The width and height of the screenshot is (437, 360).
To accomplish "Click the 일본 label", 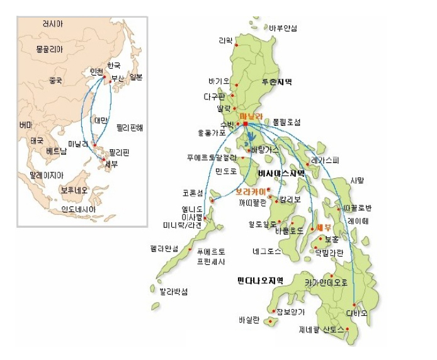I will pos(136,77).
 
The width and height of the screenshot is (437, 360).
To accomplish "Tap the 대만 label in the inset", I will pos(101,120).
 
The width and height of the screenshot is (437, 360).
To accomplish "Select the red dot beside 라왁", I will pos(236,45).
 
